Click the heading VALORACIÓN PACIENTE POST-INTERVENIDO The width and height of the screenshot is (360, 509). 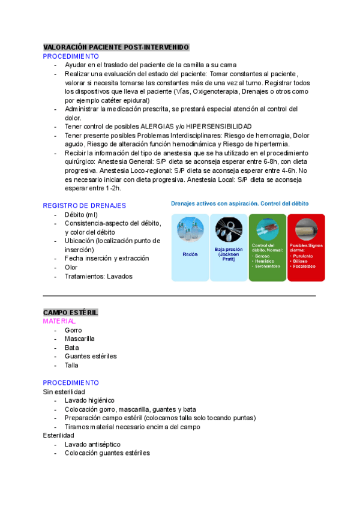click(116, 47)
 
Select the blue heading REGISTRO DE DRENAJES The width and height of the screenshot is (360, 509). click(84, 205)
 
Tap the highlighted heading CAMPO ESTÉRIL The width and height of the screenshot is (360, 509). click(71, 313)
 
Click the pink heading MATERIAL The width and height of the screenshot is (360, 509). click(59, 321)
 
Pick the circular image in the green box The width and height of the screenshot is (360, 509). click(267, 229)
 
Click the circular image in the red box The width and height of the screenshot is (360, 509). click(306, 229)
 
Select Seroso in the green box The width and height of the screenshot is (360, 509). click(263, 256)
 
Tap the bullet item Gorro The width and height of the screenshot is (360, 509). click(73, 330)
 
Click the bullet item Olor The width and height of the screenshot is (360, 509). click(71, 267)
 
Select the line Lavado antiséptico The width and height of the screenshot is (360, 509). click(92, 444)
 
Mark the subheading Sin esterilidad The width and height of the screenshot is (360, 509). click(64, 392)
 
